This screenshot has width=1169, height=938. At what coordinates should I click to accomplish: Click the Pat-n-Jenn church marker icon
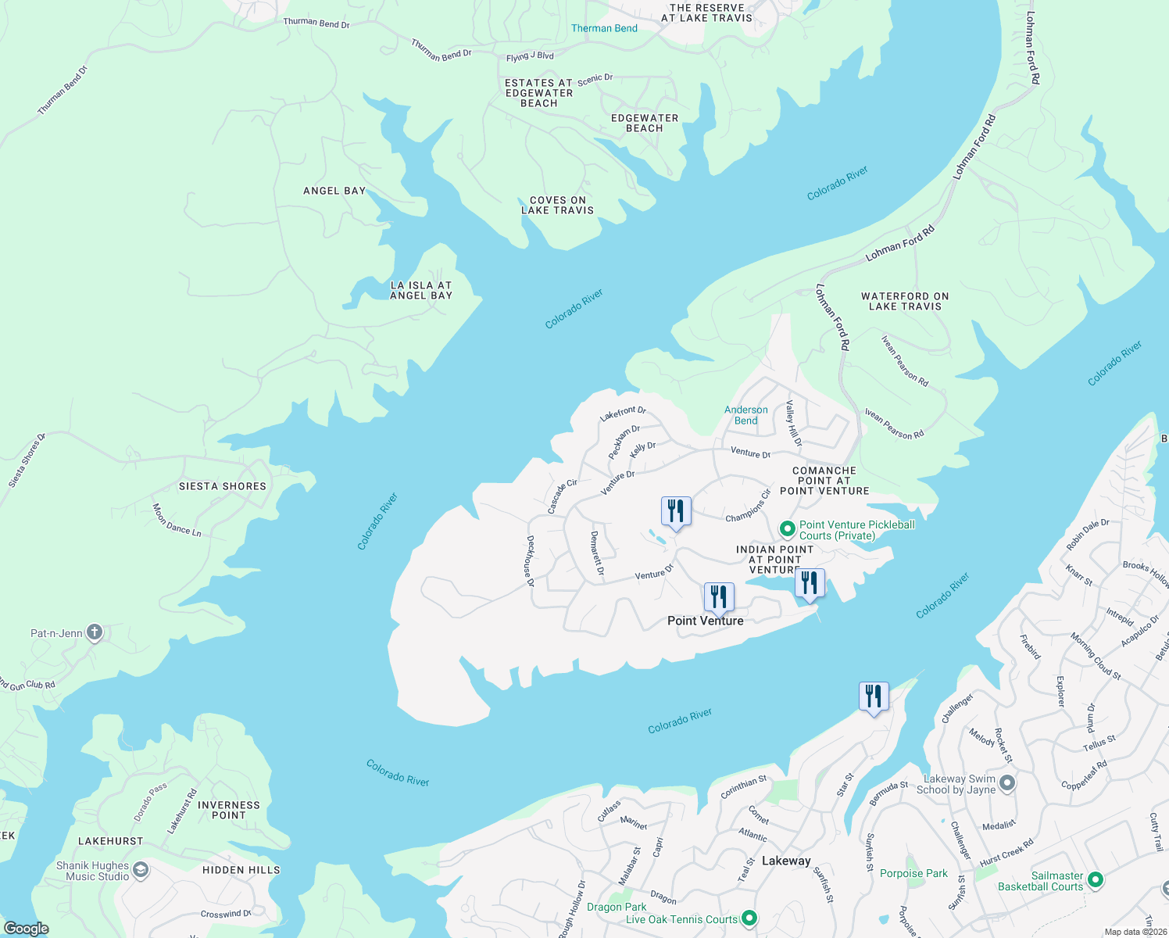click(x=95, y=632)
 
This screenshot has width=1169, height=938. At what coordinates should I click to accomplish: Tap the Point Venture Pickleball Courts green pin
click(x=788, y=530)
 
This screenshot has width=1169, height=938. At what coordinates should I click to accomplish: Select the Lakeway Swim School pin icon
click(x=1007, y=783)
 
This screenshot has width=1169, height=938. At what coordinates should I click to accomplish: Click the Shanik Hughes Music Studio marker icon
click(x=141, y=871)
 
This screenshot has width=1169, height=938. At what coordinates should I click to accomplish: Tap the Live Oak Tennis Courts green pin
click(x=749, y=918)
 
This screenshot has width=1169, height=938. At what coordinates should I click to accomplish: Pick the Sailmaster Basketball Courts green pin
click(x=1096, y=880)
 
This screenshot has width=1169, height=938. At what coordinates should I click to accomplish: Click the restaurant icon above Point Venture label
click(x=718, y=597)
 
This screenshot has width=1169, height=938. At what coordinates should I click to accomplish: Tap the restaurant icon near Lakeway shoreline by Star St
click(x=874, y=696)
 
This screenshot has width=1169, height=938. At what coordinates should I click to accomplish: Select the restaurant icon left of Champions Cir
click(x=676, y=511)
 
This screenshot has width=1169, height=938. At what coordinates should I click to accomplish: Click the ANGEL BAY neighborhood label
click(x=334, y=191)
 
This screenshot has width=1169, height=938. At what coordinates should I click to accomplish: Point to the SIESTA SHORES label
click(x=223, y=486)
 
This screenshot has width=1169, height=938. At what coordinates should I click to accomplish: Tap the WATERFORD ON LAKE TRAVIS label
click(x=905, y=302)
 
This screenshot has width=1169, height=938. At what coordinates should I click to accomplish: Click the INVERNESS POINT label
click(x=229, y=810)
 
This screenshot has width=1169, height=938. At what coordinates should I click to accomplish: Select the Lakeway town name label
click(x=786, y=861)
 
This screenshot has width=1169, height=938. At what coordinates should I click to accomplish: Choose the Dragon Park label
click(x=617, y=907)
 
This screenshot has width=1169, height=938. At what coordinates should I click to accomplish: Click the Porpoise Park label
click(x=913, y=873)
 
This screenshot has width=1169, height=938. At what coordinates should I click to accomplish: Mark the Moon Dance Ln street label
click(x=177, y=521)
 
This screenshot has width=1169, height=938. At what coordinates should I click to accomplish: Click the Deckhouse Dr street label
click(x=531, y=560)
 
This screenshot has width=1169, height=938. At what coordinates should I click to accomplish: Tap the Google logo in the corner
click(x=27, y=928)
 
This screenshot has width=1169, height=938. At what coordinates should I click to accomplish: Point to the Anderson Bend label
click(x=745, y=415)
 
